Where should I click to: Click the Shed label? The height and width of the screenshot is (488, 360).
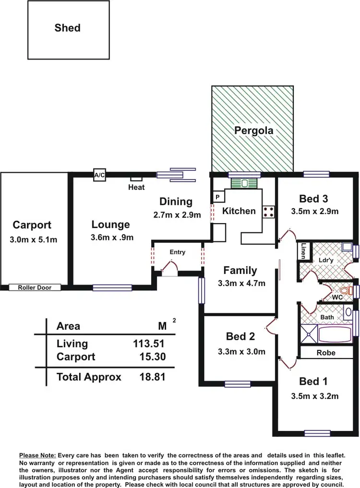(67, 28)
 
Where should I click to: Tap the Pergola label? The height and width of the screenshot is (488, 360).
(253, 130)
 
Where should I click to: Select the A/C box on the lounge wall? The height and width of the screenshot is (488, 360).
(100, 175)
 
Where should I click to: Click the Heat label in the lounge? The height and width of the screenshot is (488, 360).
(136, 187)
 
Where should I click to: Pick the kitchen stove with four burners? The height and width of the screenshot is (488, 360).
(268, 212)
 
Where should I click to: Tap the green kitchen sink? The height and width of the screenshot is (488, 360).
(244, 183)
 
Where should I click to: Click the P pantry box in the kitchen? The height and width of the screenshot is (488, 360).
(217, 197)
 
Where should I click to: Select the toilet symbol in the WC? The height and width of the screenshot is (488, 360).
(344, 291)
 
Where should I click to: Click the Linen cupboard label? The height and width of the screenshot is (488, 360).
(303, 251)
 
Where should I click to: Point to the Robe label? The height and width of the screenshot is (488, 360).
(326, 353)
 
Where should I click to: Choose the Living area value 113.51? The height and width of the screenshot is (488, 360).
(149, 344)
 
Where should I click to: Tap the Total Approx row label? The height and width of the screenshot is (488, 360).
(89, 377)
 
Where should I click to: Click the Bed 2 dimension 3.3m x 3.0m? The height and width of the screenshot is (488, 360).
(241, 351)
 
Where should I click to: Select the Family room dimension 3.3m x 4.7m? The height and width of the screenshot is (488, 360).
(241, 283)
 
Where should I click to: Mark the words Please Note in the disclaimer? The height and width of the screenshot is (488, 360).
(37, 455)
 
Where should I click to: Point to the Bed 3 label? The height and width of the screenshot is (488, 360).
(313, 199)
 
